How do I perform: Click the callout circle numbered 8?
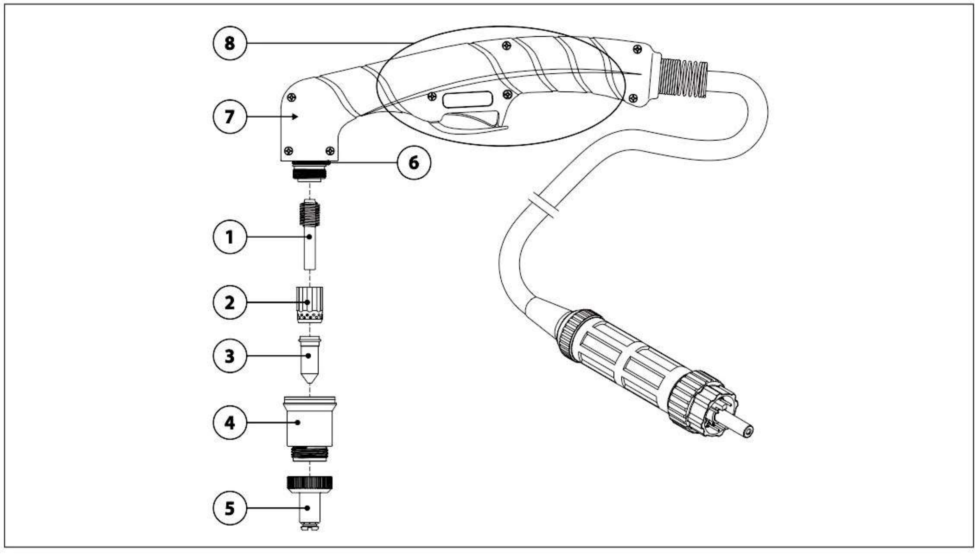tap(230, 43)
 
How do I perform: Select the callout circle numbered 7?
tap(230, 116)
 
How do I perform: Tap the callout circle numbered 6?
tap(414, 163)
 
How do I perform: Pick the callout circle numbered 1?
tap(230, 237)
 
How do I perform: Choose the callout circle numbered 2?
tap(230, 303)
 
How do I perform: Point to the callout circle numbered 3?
tap(230, 356)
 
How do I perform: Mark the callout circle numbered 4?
tap(230, 422)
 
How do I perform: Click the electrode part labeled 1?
tap(310, 234)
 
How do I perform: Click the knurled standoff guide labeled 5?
tap(309, 503)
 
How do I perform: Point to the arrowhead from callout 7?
tap(295, 116)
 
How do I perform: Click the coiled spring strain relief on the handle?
tap(683, 78)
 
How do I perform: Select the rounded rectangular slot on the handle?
tap(467, 100)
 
